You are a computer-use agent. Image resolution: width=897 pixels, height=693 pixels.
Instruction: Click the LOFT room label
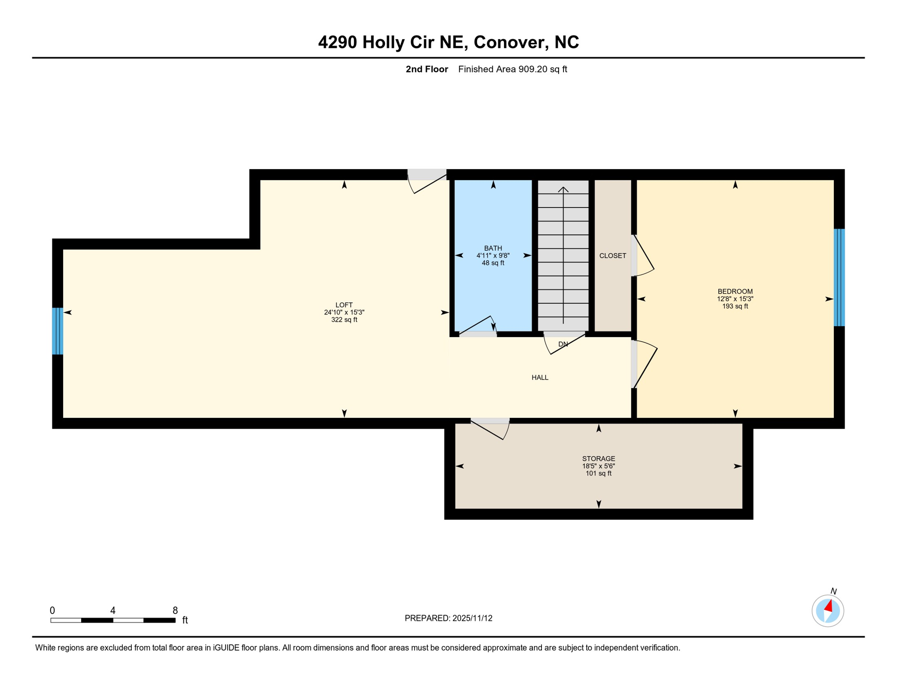344,305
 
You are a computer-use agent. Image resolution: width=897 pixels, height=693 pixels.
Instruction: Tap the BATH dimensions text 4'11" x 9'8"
493,255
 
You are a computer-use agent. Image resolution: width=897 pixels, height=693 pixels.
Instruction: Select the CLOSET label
612,256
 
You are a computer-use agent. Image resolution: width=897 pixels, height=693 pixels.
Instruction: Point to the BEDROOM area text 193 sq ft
735,306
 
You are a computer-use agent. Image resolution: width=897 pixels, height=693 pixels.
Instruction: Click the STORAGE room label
598,458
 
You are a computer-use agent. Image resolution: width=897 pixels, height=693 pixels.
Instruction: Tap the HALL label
540,378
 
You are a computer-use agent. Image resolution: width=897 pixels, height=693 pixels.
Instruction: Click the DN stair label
563,344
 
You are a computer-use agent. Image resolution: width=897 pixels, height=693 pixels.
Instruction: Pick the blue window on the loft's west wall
57,331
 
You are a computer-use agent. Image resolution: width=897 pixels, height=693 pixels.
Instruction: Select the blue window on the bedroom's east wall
839,277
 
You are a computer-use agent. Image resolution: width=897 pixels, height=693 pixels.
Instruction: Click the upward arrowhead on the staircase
563,190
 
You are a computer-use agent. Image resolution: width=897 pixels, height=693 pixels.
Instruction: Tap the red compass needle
828,606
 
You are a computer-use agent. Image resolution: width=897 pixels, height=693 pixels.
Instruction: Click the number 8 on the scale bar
175,610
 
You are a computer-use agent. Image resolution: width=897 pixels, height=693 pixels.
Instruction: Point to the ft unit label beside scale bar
185,620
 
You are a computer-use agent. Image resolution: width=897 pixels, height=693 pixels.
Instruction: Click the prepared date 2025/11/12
472,618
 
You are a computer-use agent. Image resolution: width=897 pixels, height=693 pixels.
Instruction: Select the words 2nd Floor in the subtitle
426,69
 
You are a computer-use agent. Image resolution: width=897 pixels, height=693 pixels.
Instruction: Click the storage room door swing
491,430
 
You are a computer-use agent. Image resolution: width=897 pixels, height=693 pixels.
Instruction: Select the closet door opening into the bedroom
643,256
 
